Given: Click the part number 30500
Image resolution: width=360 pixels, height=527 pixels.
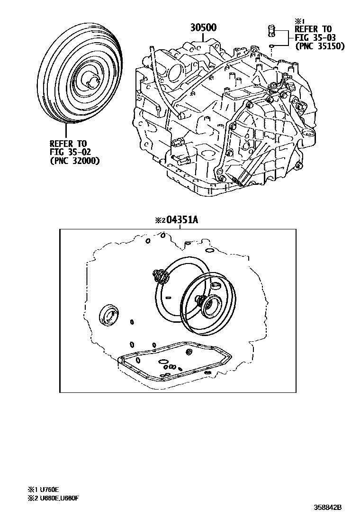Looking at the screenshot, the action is click(204, 27).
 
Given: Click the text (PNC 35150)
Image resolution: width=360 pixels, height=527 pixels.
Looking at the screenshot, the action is click(319, 46).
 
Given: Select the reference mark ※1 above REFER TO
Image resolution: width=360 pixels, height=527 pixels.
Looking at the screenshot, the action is click(298, 21).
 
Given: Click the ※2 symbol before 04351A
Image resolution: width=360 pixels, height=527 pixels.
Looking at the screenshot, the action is click(159, 220).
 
